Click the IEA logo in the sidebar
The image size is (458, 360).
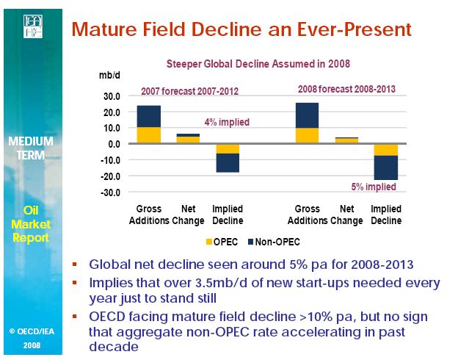click(32, 28)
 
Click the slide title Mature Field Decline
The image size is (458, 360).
click(241, 30)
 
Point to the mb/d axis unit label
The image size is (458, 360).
click(109, 76)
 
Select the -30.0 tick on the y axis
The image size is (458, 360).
click(110, 192)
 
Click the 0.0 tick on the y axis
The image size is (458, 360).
click(114, 144)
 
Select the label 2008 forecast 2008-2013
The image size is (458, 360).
click(346, 90)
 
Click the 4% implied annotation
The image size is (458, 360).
click(227, 122)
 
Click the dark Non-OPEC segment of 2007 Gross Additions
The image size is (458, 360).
click(149, 116)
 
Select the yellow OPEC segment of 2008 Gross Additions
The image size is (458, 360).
click(307, 135)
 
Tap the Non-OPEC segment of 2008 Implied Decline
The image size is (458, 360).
click(386, 168)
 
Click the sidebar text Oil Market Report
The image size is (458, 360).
click(32, 223)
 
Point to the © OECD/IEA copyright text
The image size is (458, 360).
click(32, 331)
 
